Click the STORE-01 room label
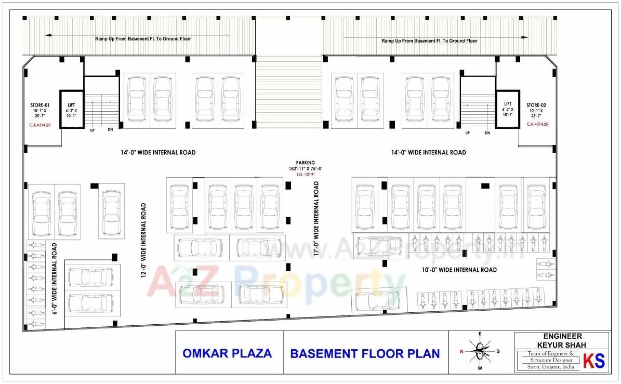tap(40, 105)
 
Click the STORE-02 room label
tap(537, 105)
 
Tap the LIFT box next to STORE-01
tap(72, 110)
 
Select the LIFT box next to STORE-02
tap(507, 110)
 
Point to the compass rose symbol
tap(481, 351)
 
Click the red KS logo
tap(594, 361)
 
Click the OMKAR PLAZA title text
tap(227, 353)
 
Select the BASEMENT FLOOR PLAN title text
tap(365, 354)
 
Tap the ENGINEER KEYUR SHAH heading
tap(562, 341)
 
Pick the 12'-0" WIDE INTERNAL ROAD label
tap(143, 240)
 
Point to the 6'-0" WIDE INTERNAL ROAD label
tap(55, 279)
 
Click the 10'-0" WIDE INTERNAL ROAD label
tap(458, 270)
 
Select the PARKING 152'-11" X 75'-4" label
tap(306, 166)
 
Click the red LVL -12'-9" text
tap(306, 175)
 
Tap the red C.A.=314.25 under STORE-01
tap(39, 125)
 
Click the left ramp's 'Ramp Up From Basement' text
tap(142, 39)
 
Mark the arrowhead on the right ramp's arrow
tap(525, 37)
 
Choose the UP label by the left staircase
tap(92, 130)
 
